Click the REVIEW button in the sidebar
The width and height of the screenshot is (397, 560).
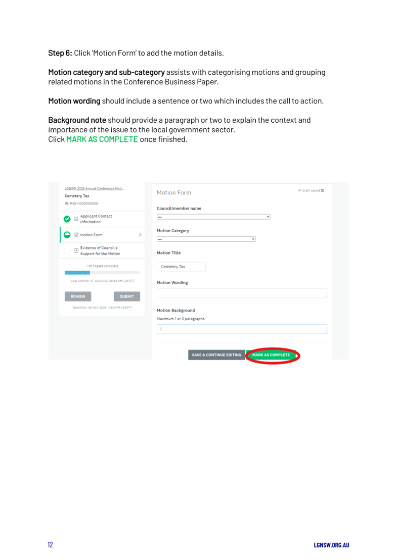78,296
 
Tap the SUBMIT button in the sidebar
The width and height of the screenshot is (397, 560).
127,296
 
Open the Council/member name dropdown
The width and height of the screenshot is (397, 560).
213,217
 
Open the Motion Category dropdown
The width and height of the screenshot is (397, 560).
206,239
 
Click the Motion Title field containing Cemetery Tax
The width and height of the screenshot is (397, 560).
181,267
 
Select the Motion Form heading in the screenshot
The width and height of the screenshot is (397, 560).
174,193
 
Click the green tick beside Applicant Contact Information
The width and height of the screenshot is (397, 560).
67,219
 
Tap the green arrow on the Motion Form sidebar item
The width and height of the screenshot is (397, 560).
140,235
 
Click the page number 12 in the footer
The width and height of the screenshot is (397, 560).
51,545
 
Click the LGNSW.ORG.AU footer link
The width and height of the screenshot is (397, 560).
331,545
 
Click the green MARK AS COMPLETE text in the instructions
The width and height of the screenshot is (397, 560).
102,139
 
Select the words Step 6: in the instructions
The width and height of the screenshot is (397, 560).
60,53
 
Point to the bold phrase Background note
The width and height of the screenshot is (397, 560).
77,120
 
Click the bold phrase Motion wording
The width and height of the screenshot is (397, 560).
74,101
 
